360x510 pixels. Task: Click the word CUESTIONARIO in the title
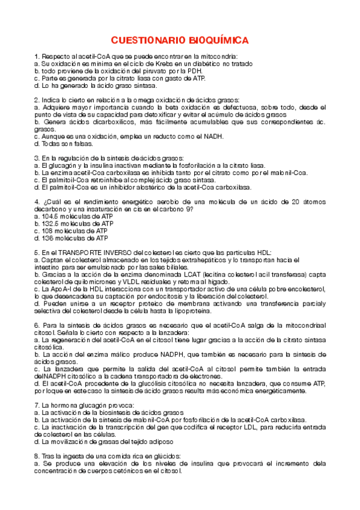click(x=144, y=40)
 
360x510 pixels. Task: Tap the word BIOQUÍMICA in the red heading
click(x=216, y=40)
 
